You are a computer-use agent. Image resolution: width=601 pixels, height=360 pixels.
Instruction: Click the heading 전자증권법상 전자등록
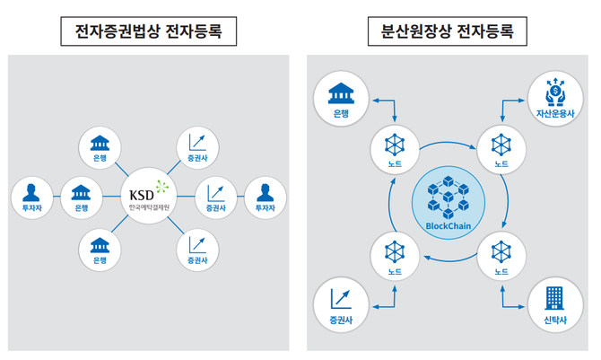point(148,32)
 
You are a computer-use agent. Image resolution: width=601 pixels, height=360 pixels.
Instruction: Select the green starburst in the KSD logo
point(161,188)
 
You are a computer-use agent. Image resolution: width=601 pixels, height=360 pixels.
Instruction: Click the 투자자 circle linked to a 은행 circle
point(32,197)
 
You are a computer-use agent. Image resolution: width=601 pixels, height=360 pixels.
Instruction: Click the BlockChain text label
point(448,226)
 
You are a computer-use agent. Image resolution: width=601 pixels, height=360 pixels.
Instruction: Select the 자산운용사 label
point(555,114)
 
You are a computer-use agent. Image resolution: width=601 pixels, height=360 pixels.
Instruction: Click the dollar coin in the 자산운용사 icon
point(555,90)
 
